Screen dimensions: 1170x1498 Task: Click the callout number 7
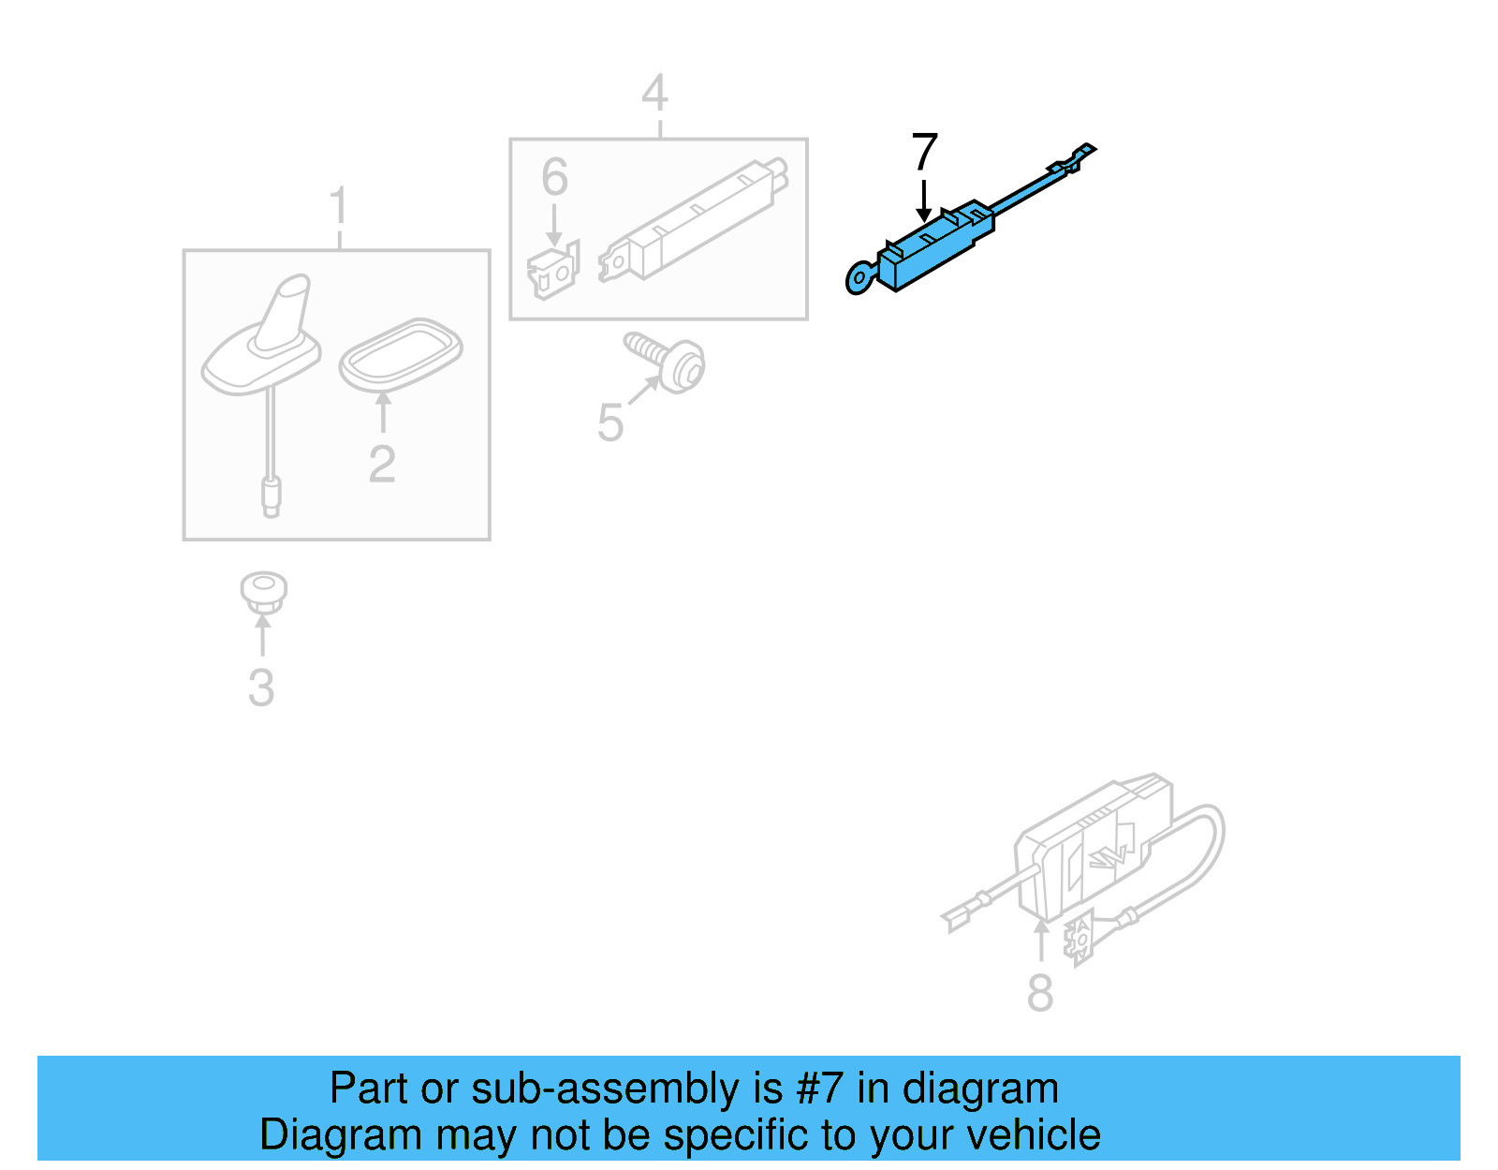(924, 152)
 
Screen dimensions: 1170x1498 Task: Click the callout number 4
(654, 94)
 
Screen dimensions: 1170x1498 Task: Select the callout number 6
(554, 177)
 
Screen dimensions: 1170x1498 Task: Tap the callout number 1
(339, 206)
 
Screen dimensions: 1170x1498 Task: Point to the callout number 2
(382, 464)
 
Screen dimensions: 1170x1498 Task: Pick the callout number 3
(261, 688)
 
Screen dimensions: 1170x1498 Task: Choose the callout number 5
(609, 422)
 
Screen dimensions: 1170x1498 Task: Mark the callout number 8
(1040, 993)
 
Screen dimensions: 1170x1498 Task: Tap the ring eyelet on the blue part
(859, 278)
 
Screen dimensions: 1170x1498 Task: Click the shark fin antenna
(272, 337)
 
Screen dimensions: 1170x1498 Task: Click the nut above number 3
(263, 592)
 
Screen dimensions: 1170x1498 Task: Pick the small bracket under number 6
(553, 271)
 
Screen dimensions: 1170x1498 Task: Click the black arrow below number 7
(924, 200)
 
